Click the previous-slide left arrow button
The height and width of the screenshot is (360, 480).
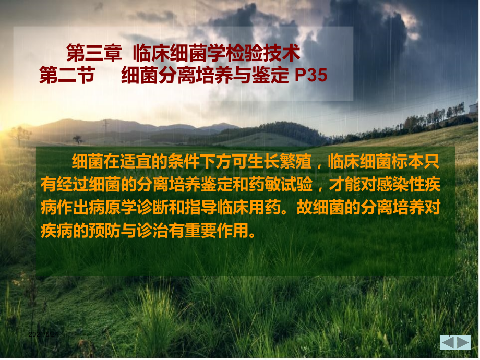[448, 342]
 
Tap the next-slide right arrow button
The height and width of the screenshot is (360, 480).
[463, 342]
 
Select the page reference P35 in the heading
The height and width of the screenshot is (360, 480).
[311, 76]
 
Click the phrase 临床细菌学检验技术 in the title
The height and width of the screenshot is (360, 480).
[217, 53]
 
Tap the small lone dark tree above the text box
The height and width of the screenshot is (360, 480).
[78, 140]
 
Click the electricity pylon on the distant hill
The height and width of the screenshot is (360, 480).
[105, 126]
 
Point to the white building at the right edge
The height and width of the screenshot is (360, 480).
[474, 107]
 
